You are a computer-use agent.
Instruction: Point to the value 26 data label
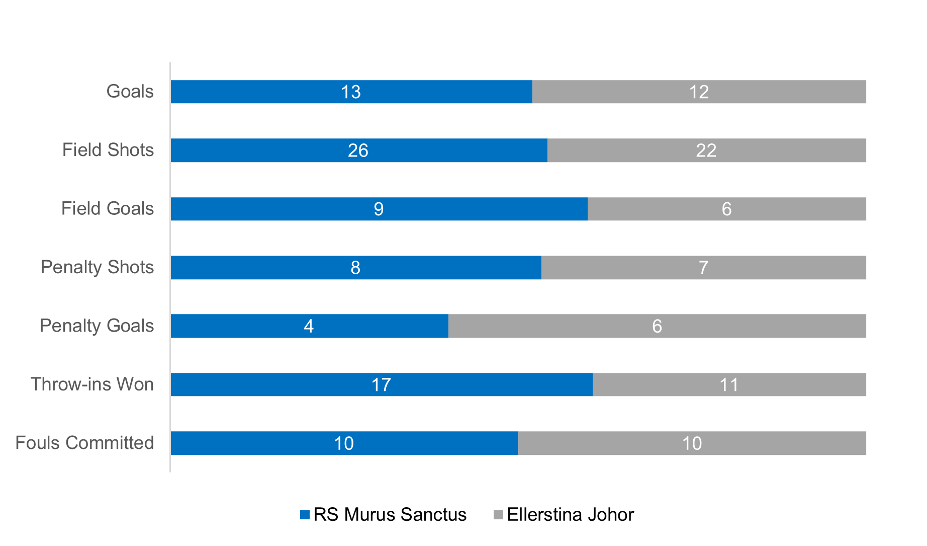point(358,150)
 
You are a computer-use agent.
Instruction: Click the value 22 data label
point(706,150)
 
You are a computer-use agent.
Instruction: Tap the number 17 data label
point(381,385)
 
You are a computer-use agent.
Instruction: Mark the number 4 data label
point(309,326)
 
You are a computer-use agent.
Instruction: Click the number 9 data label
point(379,209)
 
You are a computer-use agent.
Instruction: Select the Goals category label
point(130,92)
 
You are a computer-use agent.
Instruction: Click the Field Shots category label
point(108,150)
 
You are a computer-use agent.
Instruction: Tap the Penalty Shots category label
point(97,267)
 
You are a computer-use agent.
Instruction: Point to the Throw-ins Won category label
point(92,384)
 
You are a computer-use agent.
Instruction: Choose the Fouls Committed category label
point(84,443)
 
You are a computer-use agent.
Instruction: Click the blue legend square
point(305,514)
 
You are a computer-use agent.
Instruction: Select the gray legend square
point(498,514)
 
